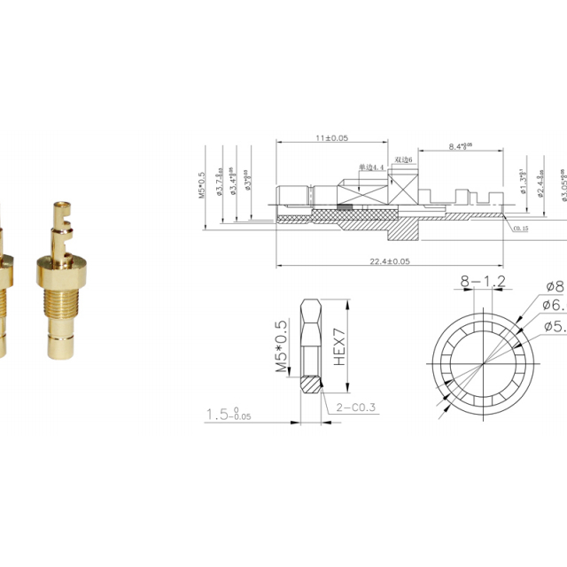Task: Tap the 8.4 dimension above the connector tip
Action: click(460, 145)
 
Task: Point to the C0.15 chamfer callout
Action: click(521, 228)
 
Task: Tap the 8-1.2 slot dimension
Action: click(482, 282)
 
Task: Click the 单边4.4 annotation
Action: click(373, 167)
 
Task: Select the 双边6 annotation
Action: click(404, 159)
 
